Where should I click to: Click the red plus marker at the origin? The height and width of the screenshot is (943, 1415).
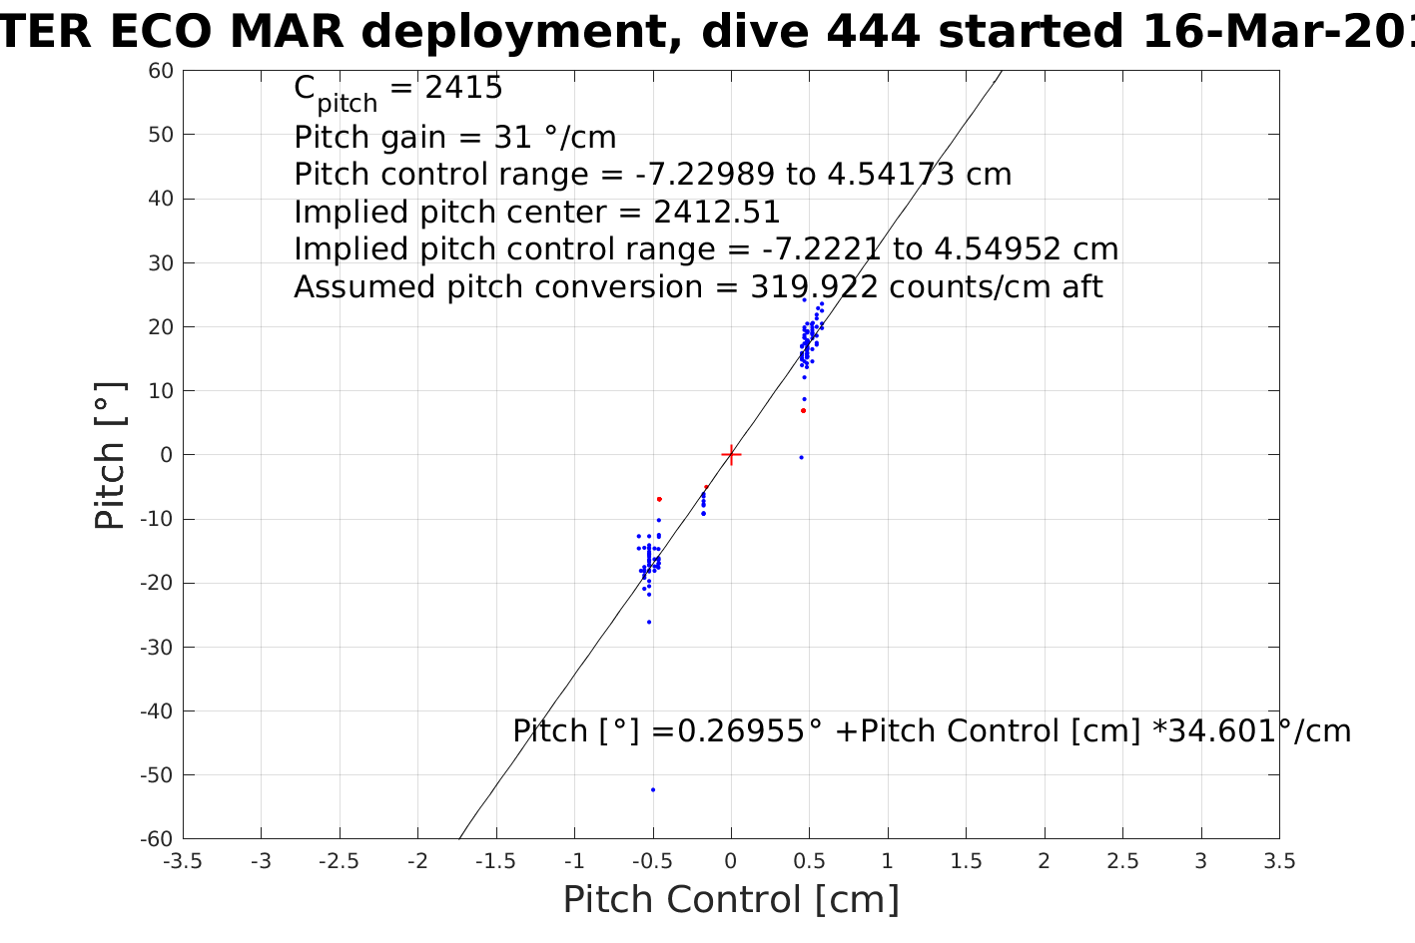tap(731, 455)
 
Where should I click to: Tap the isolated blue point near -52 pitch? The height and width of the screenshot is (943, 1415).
tap(653, 789)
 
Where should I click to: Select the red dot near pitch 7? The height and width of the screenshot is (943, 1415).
tap(803, 410)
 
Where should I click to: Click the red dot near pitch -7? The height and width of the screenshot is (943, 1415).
tap(659, 499)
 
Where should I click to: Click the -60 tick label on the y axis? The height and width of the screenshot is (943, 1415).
tap(158, 839)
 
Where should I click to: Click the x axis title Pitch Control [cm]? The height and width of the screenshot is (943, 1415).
tap(731, 900)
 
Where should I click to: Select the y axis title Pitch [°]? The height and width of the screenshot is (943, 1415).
tap(110, 455)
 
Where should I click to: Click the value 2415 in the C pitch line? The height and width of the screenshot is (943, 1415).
tap(463, 89)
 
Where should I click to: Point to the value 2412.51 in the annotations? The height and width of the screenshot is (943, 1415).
tap(716, 213)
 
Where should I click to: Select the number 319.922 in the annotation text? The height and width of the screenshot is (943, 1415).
tap(814, 287)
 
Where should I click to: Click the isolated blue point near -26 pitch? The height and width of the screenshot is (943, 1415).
tap(648, 622)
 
